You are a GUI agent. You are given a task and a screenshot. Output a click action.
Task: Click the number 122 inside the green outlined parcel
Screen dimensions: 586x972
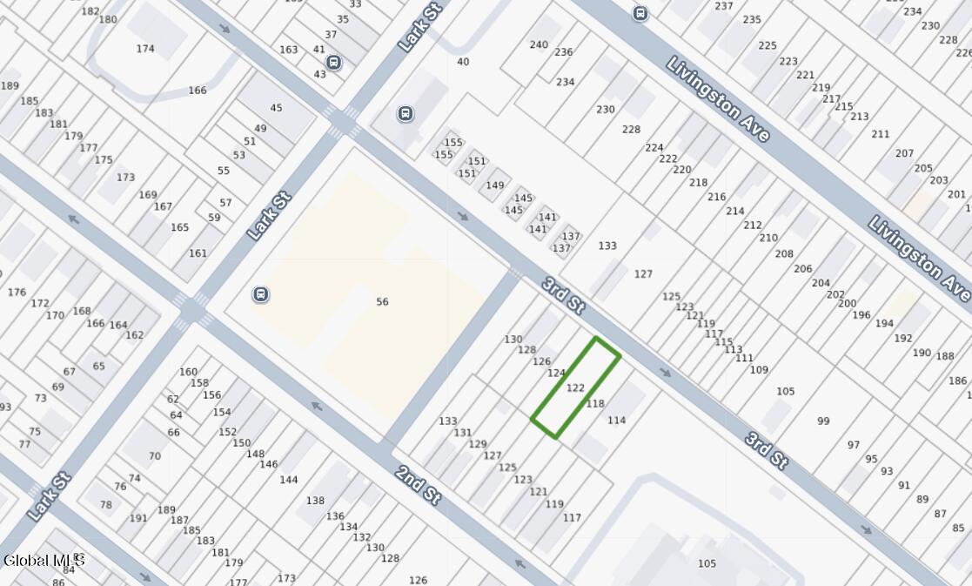pos(575,388)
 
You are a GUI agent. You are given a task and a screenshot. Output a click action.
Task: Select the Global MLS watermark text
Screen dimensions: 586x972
pos(44,560)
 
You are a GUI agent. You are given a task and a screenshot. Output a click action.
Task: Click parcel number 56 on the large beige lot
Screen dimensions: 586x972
pos(382,302)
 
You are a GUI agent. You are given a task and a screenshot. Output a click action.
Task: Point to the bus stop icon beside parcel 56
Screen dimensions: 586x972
pos(260,294)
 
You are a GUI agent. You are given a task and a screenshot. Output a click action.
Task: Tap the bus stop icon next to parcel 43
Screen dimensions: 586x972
pos(333,63)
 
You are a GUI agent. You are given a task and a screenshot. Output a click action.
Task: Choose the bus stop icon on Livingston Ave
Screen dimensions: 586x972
pos(641,14)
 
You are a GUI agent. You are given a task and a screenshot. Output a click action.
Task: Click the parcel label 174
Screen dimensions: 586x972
pos(145,49)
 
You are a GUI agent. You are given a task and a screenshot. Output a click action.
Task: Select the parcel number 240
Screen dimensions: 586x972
pos(539,45)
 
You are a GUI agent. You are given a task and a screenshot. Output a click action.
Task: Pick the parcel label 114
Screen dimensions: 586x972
pos(616,421)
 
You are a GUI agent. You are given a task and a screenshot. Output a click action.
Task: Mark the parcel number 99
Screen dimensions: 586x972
pos(823,421)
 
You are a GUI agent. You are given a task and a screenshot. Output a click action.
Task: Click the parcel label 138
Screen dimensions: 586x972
pos(315,501)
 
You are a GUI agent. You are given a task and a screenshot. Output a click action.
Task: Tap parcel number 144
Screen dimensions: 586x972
pos(289,480)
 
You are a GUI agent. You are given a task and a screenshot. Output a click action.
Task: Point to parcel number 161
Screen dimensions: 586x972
pos(198,253)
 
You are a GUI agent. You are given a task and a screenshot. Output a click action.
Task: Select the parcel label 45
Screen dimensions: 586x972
pos(276,108)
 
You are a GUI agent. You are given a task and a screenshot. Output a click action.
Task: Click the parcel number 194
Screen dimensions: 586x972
pos(884,324)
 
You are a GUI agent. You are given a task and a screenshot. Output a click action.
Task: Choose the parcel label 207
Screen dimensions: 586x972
pos(904,154)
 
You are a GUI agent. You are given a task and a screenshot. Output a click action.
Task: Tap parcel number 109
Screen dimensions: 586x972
pos(759,370)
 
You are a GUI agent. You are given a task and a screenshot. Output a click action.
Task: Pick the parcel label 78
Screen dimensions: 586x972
pos(105,505)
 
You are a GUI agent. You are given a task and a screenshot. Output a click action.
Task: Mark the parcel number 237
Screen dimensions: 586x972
pos(723,6)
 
